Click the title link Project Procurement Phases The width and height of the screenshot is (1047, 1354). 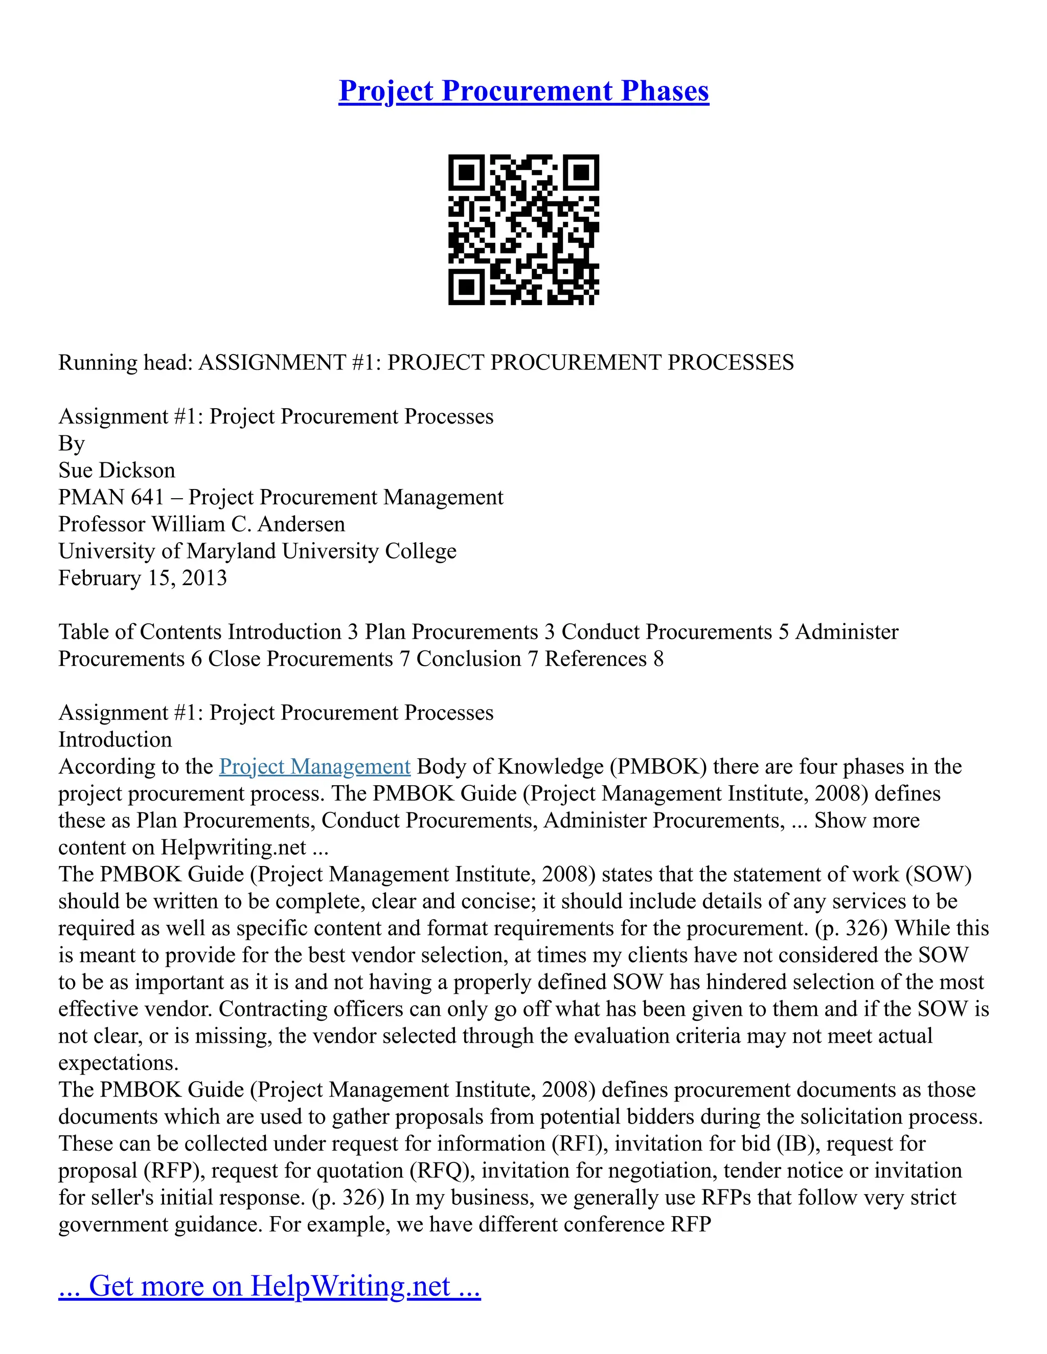tap(523, 91)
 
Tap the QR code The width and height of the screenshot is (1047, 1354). tap(523, 229)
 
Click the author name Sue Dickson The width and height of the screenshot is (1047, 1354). tap(117, 471)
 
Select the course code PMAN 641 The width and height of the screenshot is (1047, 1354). tap(111, 497)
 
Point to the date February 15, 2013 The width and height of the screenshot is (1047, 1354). tap(143, 578)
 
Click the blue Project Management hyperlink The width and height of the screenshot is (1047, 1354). tap(314, 767)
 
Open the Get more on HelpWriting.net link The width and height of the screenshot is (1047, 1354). tap(269, 1286)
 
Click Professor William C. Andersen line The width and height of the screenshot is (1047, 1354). tap(201, 525)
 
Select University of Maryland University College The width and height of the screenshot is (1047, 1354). tap(258, 551)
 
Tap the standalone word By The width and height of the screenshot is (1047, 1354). tap(72, 444)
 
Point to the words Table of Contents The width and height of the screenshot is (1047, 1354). tap(140, 632)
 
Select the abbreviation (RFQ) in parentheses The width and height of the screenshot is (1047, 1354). tap(442, 1171)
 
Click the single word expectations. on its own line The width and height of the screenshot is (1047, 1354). tap(119, 1063)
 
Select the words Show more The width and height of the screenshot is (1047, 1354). tap(867, 821)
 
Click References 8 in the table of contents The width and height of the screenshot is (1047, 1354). tap(604, 659)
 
